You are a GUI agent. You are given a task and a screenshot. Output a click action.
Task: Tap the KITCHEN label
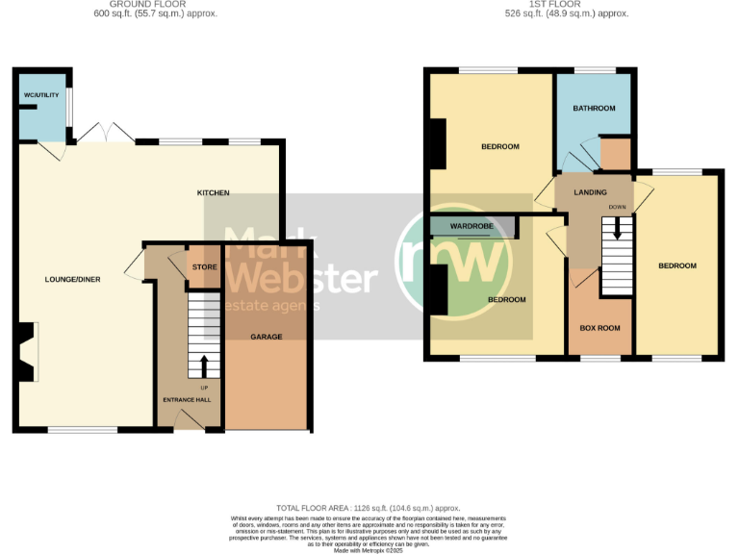(214, 193)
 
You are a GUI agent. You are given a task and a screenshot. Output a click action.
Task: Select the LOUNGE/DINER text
(72, 279)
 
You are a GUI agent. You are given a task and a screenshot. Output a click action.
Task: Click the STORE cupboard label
(202, 267)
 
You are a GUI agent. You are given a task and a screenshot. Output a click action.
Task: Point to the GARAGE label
(267, 337)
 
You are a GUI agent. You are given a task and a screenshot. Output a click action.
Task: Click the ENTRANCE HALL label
(187, 399)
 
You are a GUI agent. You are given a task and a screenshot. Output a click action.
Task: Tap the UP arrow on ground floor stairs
(204, 366)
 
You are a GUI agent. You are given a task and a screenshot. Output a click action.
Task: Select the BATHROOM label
(594, 109)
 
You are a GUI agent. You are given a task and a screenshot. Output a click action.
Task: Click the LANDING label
(590, 193)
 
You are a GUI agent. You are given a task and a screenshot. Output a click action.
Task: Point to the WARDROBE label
(471, 227)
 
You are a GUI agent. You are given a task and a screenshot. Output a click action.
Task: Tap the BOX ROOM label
(599, 328)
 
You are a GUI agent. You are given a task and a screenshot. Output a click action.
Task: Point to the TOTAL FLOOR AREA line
(369, 508)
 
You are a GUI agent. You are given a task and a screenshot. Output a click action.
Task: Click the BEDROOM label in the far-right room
(676, 265)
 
